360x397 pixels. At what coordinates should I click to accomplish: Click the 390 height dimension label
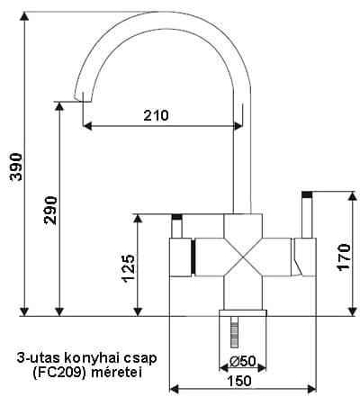pos(16,167)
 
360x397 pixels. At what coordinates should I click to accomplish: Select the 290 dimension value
pos(50,210)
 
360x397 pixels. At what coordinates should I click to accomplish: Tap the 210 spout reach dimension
pos(156,115)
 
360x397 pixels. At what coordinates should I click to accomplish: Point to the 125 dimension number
pos(129,268)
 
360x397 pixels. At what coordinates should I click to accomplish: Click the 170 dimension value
pos(344,257)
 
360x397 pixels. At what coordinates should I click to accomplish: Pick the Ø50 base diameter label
pos(242,361)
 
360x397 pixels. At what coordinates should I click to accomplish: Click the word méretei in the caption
pos(116,373)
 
